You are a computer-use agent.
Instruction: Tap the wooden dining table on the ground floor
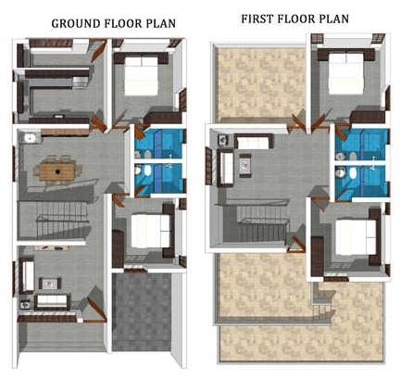tap(57, 171)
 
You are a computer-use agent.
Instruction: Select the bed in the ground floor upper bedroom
tap(142, 76)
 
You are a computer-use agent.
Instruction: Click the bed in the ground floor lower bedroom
tap(150, 231)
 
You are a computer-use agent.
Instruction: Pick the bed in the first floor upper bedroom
tap(345, 74)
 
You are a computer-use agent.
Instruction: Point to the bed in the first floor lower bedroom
tap(356, 236)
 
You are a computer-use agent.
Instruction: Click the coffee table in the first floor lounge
tap(245, 165)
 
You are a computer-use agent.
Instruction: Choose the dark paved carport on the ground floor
tap(142, 312)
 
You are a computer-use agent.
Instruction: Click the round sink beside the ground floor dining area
tap(30, 138)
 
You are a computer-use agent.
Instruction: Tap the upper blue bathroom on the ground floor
tap(159, 144)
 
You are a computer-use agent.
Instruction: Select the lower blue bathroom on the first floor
tap(361, 181)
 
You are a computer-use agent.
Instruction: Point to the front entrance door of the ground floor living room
tap(96, 308)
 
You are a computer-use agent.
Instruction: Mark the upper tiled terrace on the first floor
tap(258, 82)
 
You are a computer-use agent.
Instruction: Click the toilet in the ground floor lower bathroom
tap(147, 170)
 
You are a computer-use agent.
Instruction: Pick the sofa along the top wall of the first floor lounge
tap(254, 142)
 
